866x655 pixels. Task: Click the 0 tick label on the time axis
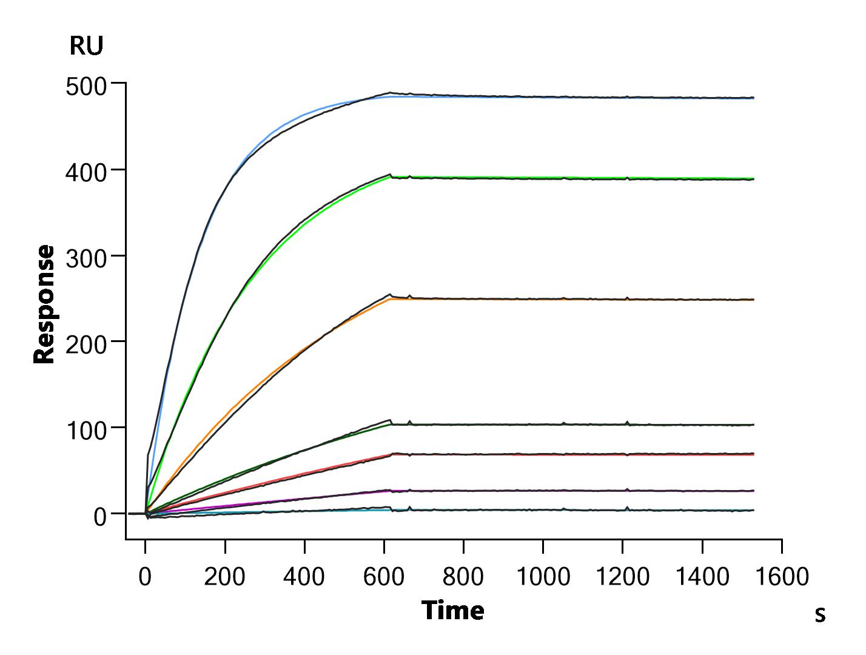pos(145,577)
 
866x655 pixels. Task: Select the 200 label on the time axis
pos(224,577)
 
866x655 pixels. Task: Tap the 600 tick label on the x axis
pos(384,577)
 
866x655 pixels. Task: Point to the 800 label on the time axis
pos(463,577)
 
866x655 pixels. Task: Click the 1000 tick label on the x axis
pos(543,577)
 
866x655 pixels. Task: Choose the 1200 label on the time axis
pos(623,577)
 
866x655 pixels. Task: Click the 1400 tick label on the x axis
pos(702,577)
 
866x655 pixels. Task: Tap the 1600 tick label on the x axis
pos(782,577)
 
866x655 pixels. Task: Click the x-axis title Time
pos(452,611)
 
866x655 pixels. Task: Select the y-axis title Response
pos(44,304)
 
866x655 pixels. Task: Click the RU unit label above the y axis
pos(86,46)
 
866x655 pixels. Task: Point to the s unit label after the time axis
pos(819,615)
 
